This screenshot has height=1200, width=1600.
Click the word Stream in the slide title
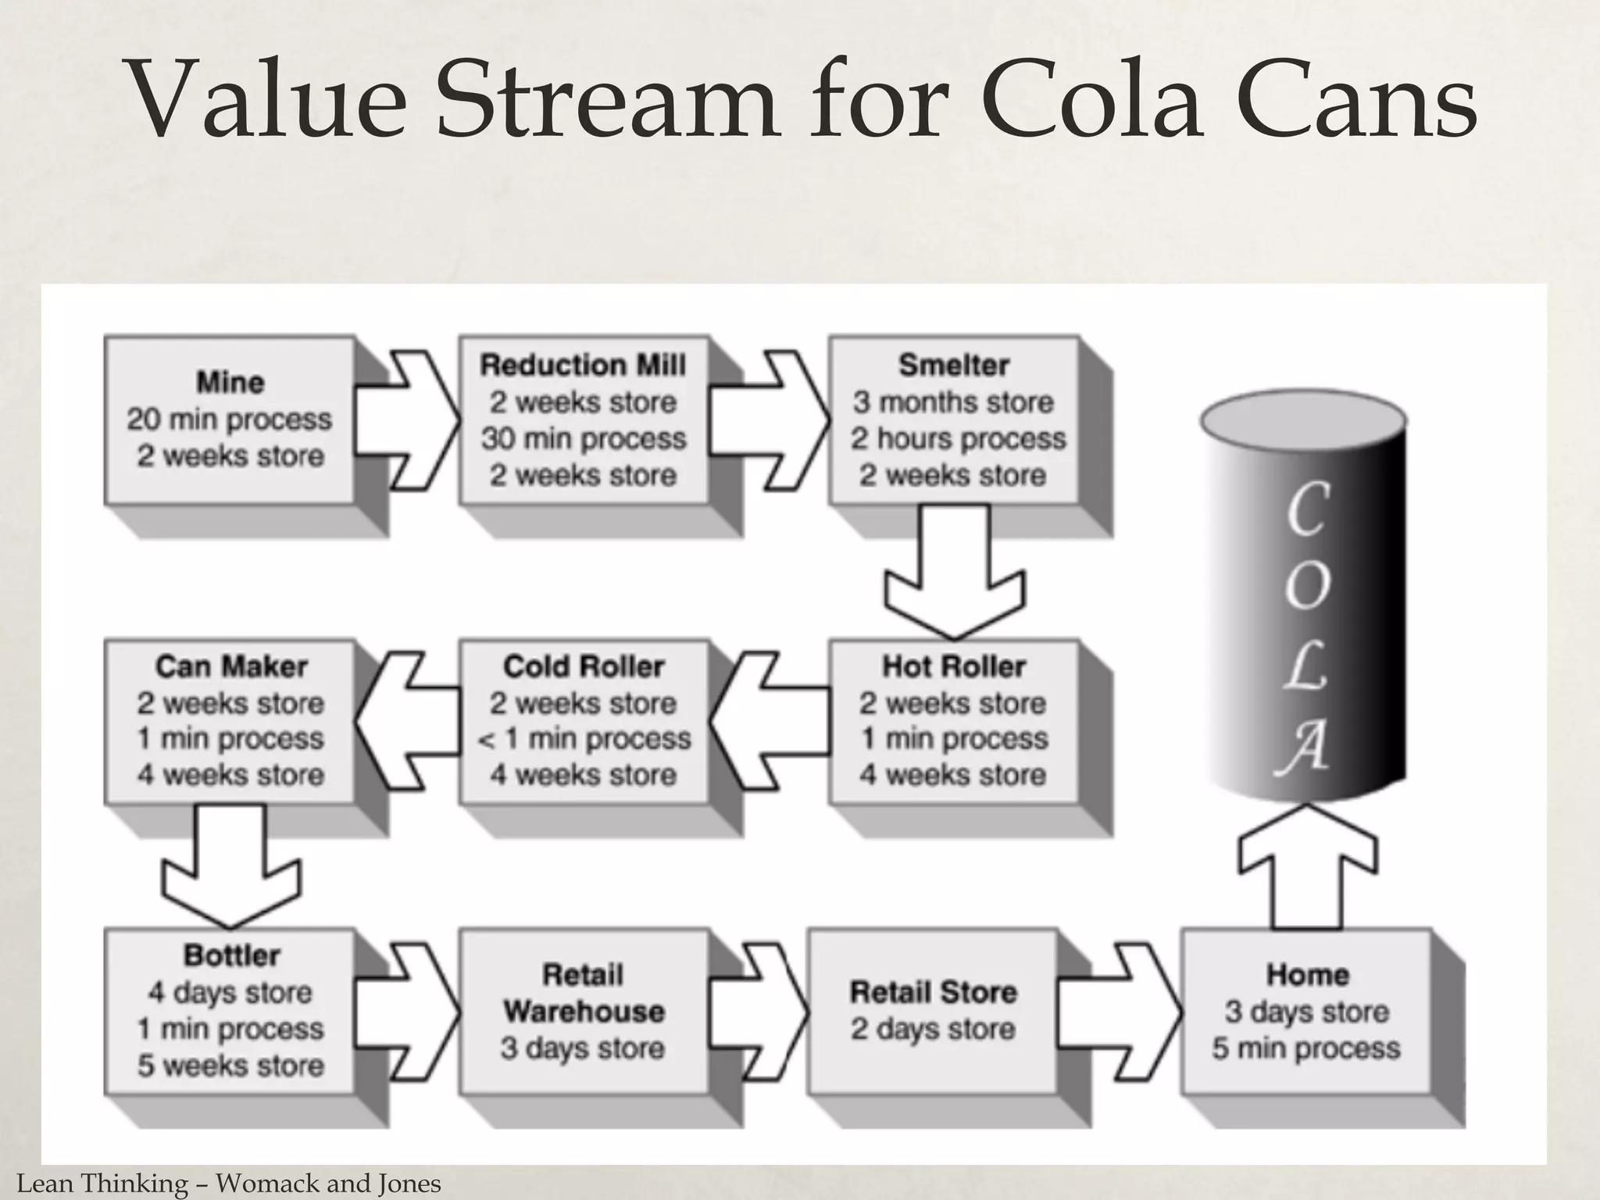pos(605,102)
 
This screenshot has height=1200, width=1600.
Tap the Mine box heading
pos(230,383)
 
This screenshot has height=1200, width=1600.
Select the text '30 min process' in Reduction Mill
pos(584,438)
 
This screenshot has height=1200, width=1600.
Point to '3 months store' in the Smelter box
pos(953,402)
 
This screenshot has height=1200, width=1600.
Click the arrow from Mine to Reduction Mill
pos(406,420)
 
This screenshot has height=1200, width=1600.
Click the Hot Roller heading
pos(953,666)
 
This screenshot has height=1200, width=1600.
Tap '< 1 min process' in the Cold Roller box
pos(584,738)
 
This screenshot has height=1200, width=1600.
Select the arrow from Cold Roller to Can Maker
pos(406,720)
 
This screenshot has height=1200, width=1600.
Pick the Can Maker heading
pos(231,666)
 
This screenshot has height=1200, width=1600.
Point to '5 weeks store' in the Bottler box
pos(230,1065)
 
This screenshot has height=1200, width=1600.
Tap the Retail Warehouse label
pos(584,993)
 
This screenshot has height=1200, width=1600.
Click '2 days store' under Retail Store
pos(934,1029)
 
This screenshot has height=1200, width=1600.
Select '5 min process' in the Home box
pos(1306,1048)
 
